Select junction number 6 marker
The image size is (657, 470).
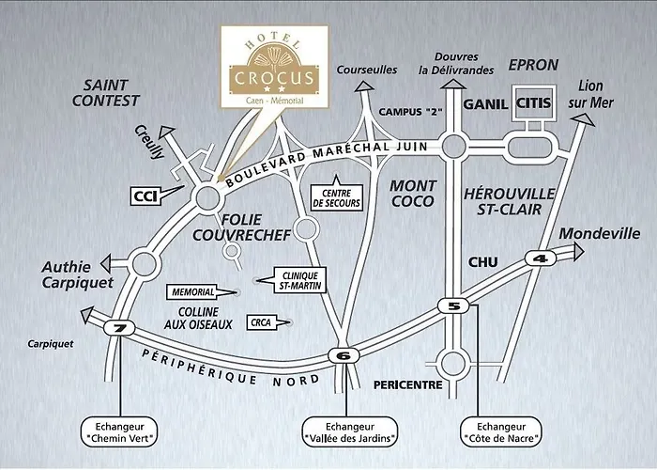pyautogui.click(x=344, y=354)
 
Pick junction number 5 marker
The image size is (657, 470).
pyautogui.click(x=454, y=305)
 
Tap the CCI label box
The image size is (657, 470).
pyautogui.click(x=144, y=196)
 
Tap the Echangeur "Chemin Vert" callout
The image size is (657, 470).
pyautogui.click(x=118, y=431)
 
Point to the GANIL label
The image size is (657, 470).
pyautogui.click(x=485, y=104)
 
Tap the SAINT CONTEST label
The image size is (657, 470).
pyautogui.click(x=111, y=92)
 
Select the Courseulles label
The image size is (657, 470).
pyautogui.click(x=366, y=70)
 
